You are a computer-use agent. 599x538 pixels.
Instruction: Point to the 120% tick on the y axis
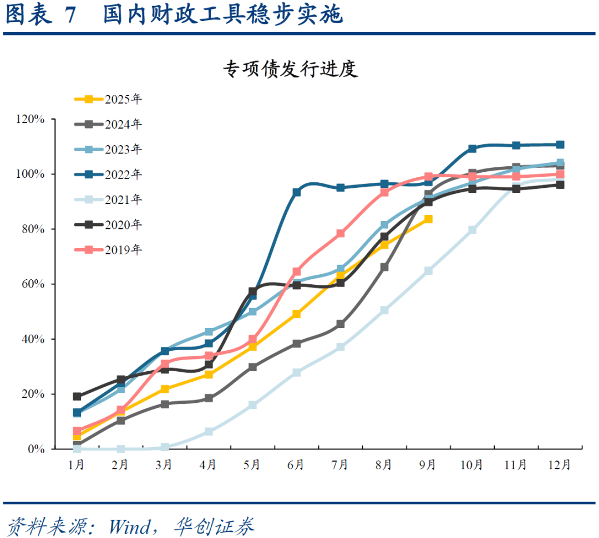tap(31, 119)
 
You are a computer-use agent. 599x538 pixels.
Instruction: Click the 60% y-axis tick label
tap(33, 284)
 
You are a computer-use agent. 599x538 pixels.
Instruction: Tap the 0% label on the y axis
tap(36, 449)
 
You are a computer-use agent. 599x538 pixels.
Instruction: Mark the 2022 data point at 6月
tap(297, 192)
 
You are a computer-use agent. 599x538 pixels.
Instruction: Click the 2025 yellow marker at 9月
tap(428, 219)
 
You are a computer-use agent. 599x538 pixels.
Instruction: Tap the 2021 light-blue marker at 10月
tap(472, 230)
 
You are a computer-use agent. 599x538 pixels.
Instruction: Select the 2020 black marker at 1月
tap(77, 397)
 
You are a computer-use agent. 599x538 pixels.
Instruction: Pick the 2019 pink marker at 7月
tap(341, 233)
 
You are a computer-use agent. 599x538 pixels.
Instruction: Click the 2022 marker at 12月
tap(560, 145)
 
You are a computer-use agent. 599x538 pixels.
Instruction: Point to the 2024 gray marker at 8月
tap(384, 267)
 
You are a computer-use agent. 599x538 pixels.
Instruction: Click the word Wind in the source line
tap(129, 525)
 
